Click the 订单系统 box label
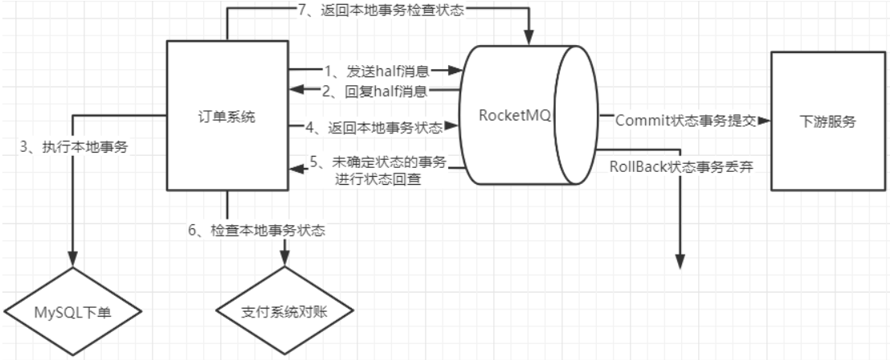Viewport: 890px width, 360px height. (x=227, y=117)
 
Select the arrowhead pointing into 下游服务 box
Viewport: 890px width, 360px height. (x=763, y=121)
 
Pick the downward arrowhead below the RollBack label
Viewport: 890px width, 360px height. (x=680, y=262)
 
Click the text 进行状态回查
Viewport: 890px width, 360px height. (x=378, y=178)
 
